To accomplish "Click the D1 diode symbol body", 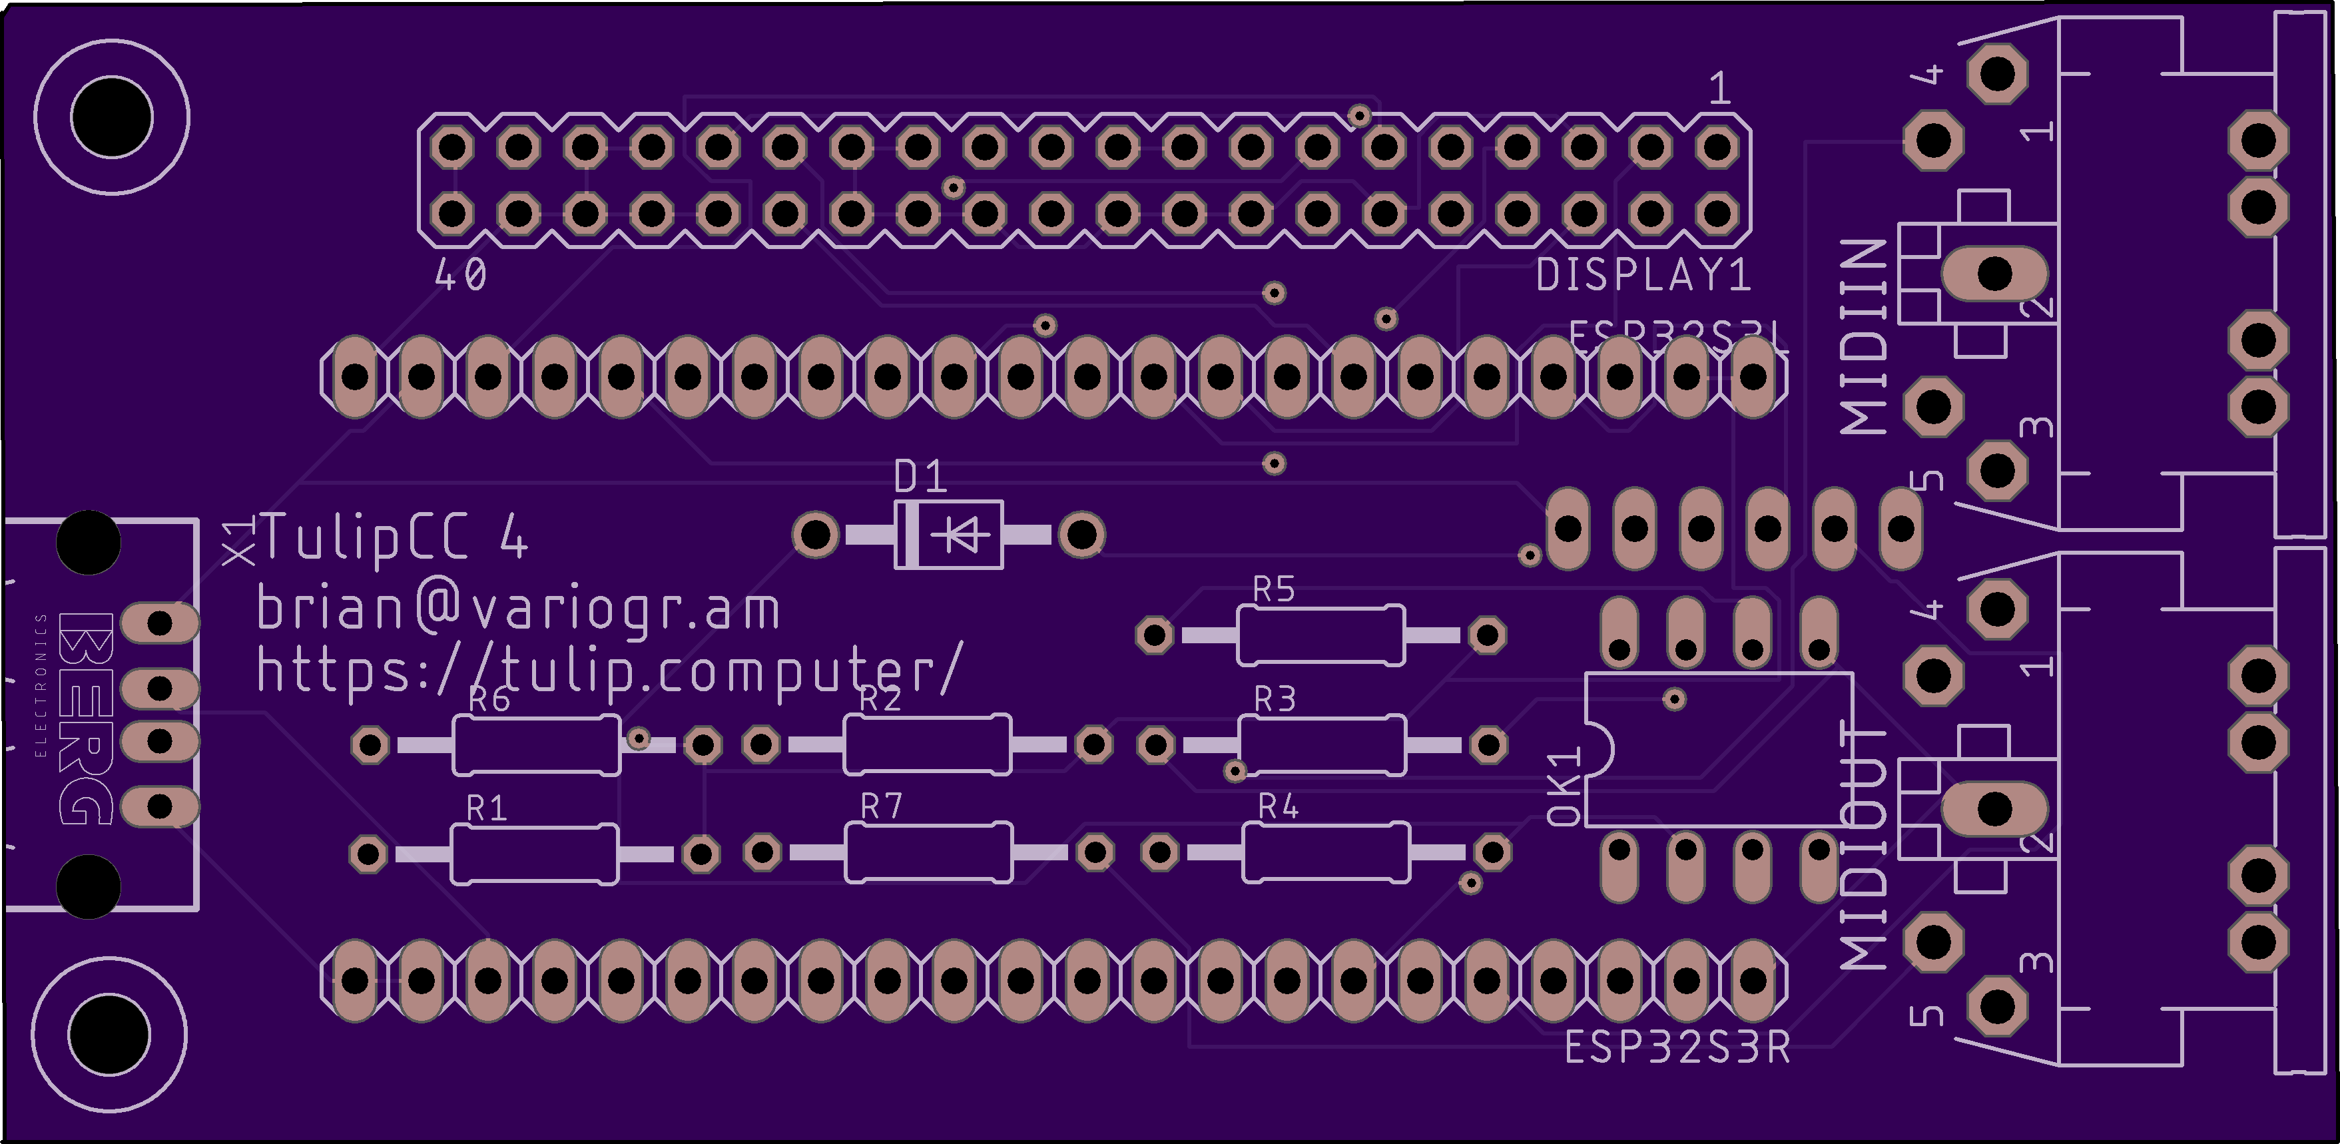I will pyautogui.click(x=950, y=534).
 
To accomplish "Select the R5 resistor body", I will pyautogui.click(x=1320, y=635).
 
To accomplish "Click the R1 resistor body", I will pyautogui.click(x=534, y=853).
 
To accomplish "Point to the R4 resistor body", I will pyautogui.click(x=1325, y=852).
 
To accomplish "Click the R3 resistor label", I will pyautogui.click(x=1275, y=699).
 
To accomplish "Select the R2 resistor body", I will pyautogui.click(x=926, y=745).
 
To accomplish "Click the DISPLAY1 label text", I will pyautogui.click(x=1642, y=275).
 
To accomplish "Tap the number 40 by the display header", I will pyautogui.click(x=461, y=274).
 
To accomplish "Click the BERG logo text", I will pyautogui.click(x=87, y=718).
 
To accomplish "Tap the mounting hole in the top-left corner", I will pyautogui.click(x=112, y=117).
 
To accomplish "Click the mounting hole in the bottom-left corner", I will pyautogui.click(x=109, y=1035).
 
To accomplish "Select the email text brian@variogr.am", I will pyautogui.click(x=518, y=609).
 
